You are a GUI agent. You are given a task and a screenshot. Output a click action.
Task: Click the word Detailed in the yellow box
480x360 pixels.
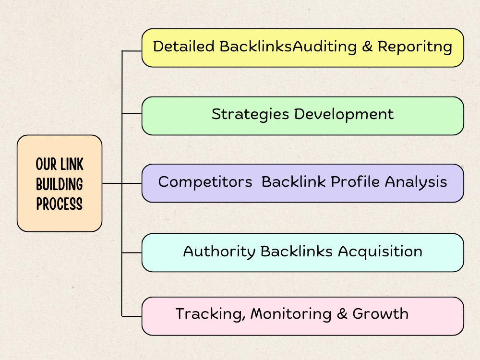point(184,47)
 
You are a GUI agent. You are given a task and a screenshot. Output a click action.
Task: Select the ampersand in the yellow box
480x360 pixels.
point(367,47)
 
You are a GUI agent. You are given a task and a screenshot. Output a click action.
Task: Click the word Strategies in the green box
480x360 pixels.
point(251,115)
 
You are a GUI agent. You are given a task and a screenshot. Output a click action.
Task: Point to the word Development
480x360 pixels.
point(344,115)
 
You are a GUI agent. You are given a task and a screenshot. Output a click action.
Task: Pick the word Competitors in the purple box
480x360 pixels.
point(205,182)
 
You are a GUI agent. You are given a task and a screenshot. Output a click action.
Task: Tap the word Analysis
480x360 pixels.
point(416,182)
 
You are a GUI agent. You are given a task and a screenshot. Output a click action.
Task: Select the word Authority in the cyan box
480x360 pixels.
point(219,252)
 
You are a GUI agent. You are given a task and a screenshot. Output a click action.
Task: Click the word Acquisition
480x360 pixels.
point(380,252)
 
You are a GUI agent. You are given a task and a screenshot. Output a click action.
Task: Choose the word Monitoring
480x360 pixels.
point(291,314)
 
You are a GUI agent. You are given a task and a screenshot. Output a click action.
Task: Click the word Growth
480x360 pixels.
point(381,314)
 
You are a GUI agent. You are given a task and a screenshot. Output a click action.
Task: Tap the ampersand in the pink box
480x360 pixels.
point(342,314)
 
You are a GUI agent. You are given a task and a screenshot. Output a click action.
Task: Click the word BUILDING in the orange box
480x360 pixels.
point(60,184)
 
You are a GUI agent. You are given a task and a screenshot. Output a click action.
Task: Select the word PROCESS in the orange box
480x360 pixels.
point(60,204)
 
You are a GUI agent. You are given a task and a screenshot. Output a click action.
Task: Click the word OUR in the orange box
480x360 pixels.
point(46,164)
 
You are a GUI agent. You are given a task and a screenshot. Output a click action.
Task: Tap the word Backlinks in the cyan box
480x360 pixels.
point(296,252)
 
